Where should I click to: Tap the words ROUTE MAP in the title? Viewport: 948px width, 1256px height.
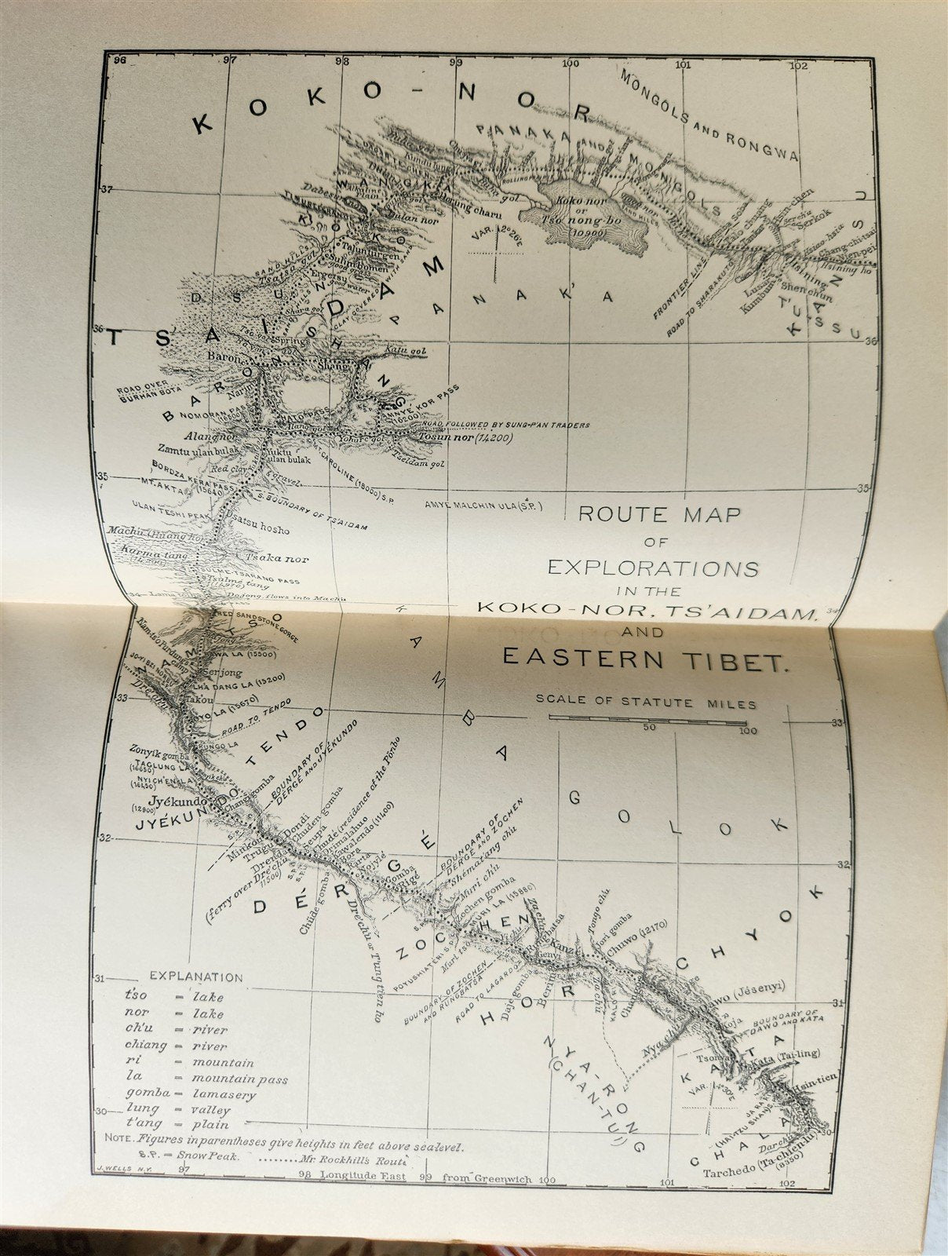[659, 515]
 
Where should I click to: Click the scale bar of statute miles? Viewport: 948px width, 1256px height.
[647, 717]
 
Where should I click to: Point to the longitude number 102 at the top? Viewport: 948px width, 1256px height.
[799, 66]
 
